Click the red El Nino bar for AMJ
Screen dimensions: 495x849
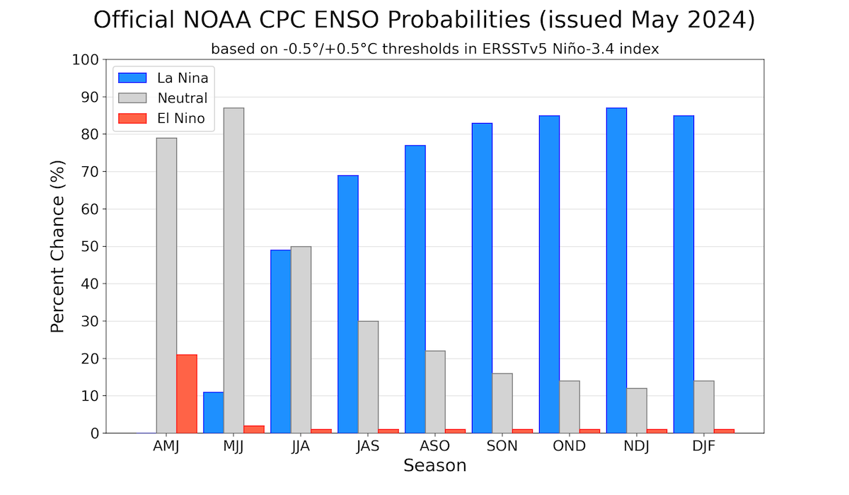(x=187, y=394)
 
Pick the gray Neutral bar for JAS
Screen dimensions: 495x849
(x=368, y=377)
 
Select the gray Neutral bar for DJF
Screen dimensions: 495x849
(x=704, y=407)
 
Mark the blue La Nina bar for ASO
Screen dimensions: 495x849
(x=415, y=289)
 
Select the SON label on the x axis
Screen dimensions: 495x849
(x=502, y=446)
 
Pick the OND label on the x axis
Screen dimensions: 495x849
(x=570, y=446)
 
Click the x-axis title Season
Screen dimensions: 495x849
(x=434, y=466)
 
